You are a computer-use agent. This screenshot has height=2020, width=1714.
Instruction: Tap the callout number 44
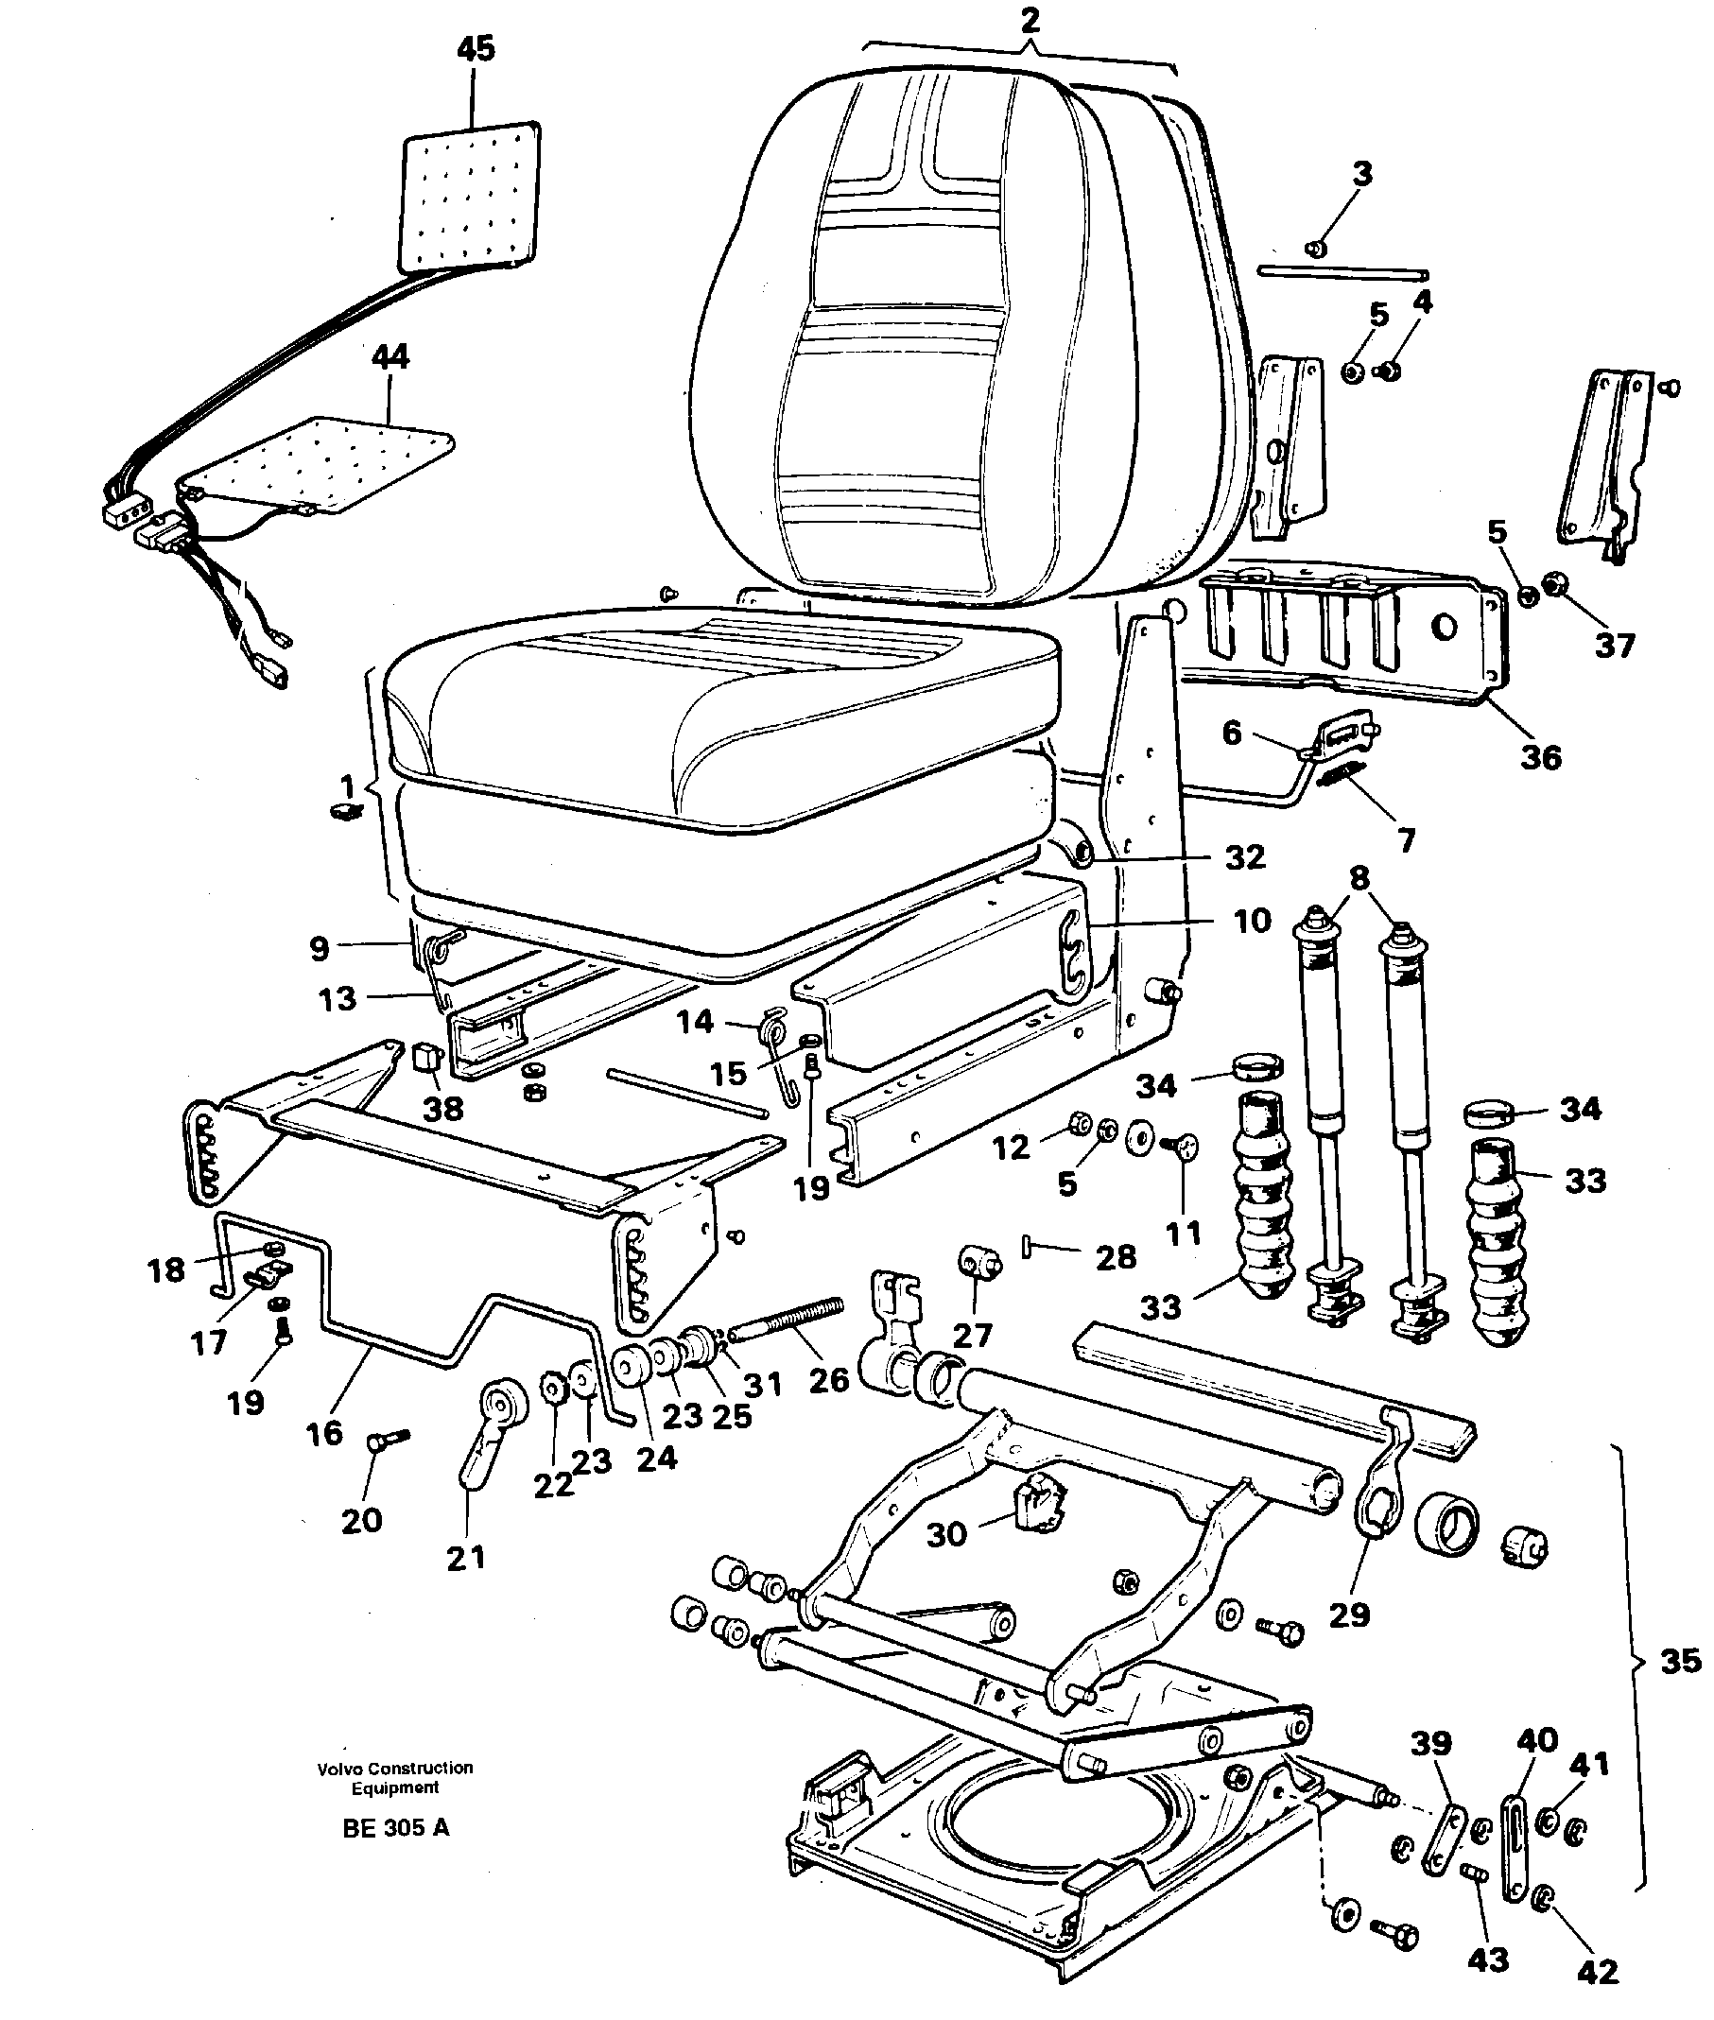click(x=390, y=355)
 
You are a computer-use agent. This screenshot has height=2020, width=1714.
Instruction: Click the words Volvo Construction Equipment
click(x=394, y=1777)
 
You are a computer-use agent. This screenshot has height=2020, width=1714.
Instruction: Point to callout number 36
click(x=1541, y=757)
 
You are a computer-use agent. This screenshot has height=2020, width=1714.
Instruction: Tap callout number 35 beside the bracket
click(x=1680, y=1661)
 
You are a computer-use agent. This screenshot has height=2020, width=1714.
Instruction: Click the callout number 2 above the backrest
click(x=1030, y=21)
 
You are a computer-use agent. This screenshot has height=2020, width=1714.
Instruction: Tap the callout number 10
click(x=1253, y=920)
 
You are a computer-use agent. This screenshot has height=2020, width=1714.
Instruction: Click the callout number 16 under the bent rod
click(x=323, y=1432)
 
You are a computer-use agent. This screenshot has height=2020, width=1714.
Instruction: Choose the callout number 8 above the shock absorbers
click(x=1359, y=877)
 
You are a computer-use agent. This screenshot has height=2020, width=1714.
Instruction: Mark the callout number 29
click(x=1349, y=1614)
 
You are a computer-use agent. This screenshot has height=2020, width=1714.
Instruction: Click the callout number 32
click(x=1245, y=857)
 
